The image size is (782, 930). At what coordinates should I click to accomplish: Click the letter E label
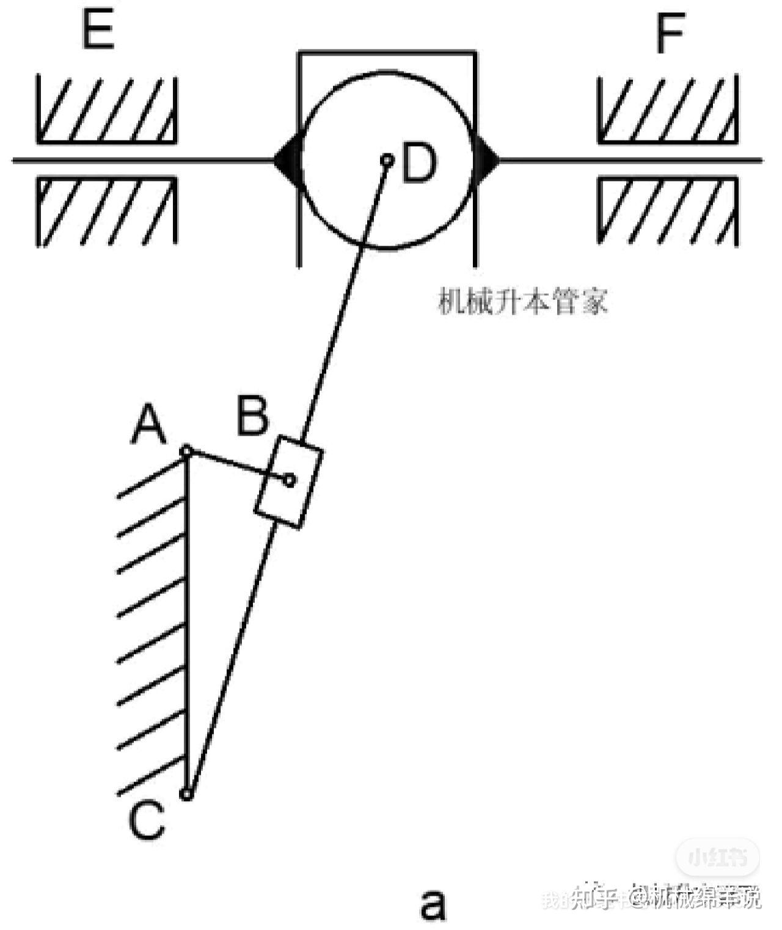[98, 30]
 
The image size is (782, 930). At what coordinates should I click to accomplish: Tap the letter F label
[670, 33]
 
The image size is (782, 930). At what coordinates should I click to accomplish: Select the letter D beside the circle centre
[420, 163]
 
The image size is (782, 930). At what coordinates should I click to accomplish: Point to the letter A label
[148, 425]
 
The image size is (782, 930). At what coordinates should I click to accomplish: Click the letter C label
[147, 821]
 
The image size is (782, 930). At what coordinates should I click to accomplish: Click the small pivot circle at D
[387, 161]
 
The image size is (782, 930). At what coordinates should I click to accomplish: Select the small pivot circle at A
[187, 452]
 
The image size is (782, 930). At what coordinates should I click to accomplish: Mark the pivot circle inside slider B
[290, 480]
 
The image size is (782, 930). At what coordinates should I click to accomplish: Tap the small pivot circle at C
[188, 794]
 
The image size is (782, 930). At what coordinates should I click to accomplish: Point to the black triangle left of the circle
[287, 161]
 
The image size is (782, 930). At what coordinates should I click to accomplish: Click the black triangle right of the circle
[486, 161]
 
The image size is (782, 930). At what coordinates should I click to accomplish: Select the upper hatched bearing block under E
[107, 110]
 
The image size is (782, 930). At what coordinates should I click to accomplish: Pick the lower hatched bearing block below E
[107, 211]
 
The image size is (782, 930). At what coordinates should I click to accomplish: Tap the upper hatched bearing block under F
[668, 110]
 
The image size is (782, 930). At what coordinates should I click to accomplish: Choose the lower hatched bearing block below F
[668, 211]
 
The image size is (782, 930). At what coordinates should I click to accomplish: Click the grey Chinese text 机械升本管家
[523, 302]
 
